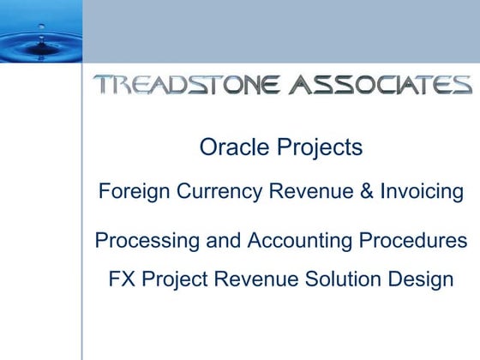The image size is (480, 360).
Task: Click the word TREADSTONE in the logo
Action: [x=187, y=84]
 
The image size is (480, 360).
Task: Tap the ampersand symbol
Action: [x=366, y=191]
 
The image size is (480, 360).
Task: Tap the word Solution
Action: [x=341, y=279]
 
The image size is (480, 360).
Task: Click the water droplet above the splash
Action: [x=41, y=27]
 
